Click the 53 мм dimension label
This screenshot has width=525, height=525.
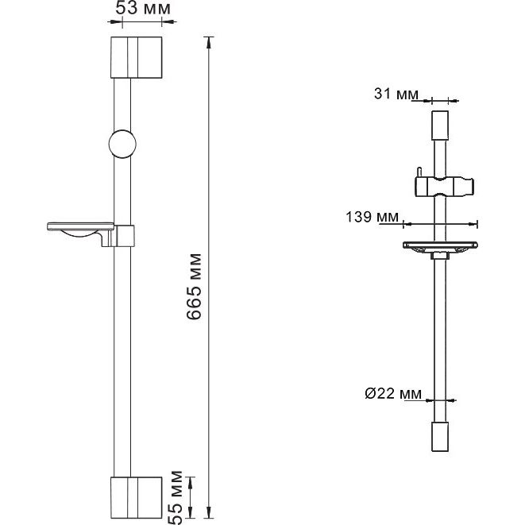pyautogui.click(x=143, y=9)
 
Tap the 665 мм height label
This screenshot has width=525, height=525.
pyautogui.click(x=195, y=287)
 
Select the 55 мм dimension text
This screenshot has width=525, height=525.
pyautogui.click(x=176, y=498)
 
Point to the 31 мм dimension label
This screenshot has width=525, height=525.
pyautogui.click(x=396, y=94)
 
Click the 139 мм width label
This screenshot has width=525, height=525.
pyautogui.click(x=372, y=217)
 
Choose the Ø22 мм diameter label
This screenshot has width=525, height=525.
pyautogui.click(x=393, y=393)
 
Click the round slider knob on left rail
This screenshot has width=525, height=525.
pyautogui.click(x=122, y=144)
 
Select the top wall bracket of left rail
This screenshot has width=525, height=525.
pyautogui.click(x=137, y=58)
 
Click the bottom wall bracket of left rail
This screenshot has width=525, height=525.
pyautogui.click(x=137, y=497)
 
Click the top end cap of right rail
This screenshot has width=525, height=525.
pyautogui.click(x=440, y=125)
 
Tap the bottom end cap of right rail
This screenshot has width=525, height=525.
pyautogui.click(x=440, y=437)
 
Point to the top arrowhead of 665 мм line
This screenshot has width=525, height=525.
pyautogui.click(x=209, y=43)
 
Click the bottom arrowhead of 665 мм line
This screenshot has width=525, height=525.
pyautogui.click(x=209, y=512)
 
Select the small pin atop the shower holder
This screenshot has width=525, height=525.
pyautogui.click(x=419, y=173)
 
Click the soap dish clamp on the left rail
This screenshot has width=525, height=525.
pyautogui.click(x=122, y=236)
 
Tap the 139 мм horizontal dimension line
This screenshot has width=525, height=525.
pyautogui.click(x=440, y=224)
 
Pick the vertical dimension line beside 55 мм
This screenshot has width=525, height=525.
pyautogui.click(x=190, y=497)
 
